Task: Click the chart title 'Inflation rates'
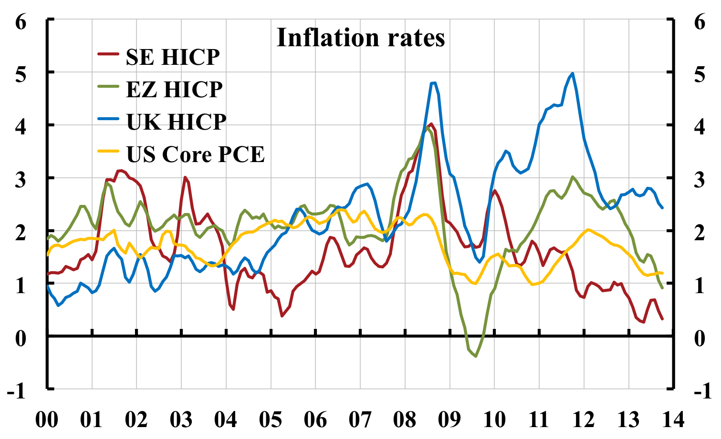360,38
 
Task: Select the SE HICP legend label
173,57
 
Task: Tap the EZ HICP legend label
174,89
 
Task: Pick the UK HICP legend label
176,122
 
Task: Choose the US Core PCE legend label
195,154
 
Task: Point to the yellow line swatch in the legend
109,151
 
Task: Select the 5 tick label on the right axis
699,75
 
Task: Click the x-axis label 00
47,420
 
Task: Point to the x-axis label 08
405,420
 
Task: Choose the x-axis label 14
673,420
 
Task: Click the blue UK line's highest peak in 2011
572,73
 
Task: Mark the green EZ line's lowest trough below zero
475,356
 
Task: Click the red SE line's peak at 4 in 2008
431,124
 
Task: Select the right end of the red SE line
662,319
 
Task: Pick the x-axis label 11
539,420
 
